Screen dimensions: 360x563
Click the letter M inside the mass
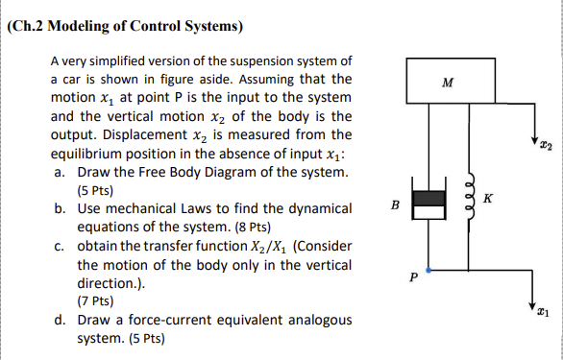pos(446,83)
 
